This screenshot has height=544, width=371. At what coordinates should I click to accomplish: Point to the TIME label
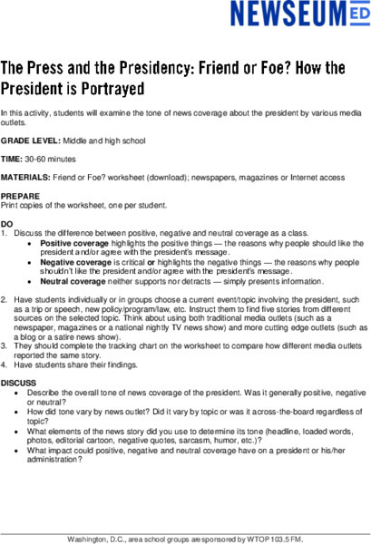click(13, 158)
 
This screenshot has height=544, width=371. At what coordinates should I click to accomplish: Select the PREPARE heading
click(20, 197)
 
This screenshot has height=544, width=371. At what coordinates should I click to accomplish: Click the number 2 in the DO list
click(5, 297)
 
